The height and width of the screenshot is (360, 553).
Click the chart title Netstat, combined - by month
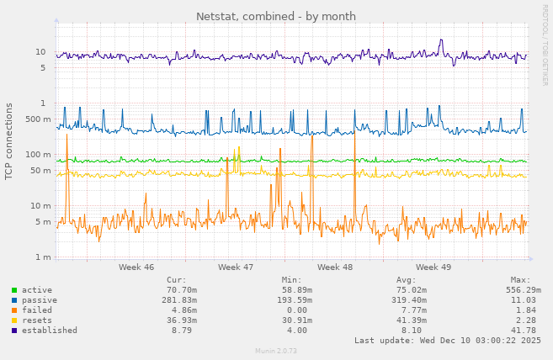(276, 16)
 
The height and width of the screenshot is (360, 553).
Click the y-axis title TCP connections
(9, 141)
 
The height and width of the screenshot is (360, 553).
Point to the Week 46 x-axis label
(136, 267)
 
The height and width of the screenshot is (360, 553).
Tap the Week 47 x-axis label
(236, 267)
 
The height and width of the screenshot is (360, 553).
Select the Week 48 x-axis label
(335, 267)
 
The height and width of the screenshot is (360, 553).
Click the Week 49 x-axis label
(433, 267)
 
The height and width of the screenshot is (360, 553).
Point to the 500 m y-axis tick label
(38, 119)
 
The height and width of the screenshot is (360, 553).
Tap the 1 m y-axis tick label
(43, 257)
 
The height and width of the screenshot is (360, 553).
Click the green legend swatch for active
(14, 290)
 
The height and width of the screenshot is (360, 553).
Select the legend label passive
(40, 300)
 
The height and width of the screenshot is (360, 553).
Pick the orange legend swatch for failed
(14, 310)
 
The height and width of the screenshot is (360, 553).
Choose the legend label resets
(37, 320)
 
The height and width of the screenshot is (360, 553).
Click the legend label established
(50, 331)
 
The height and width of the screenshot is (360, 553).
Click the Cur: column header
(177, 280)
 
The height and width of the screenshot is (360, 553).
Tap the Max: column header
(520, 280)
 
